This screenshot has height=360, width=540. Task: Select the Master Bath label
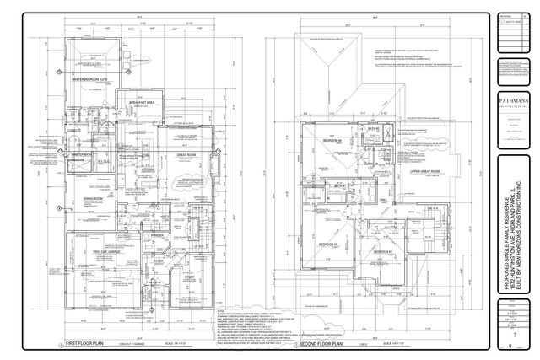click(82, 155)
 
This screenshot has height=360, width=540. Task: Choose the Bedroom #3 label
click(328, 244)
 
